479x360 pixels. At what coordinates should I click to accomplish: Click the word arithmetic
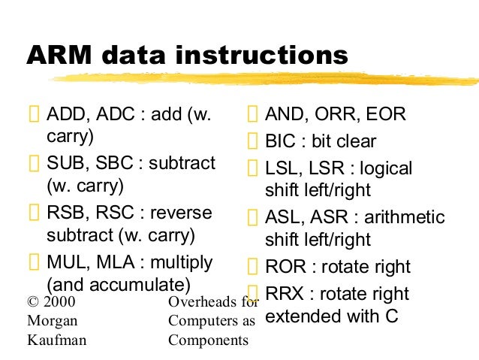pyautogui.click(x=404, y=218)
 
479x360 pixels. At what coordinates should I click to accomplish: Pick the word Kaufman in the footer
pyautogui.click(x=57, y=340)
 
